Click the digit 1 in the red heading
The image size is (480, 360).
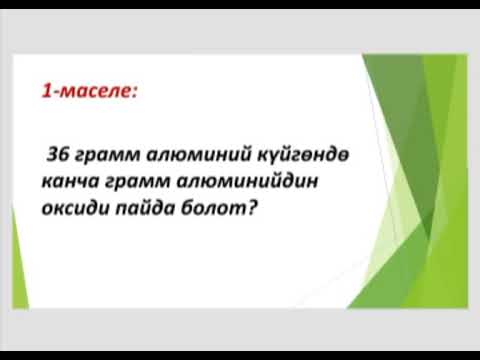click(x=46, y=92)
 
